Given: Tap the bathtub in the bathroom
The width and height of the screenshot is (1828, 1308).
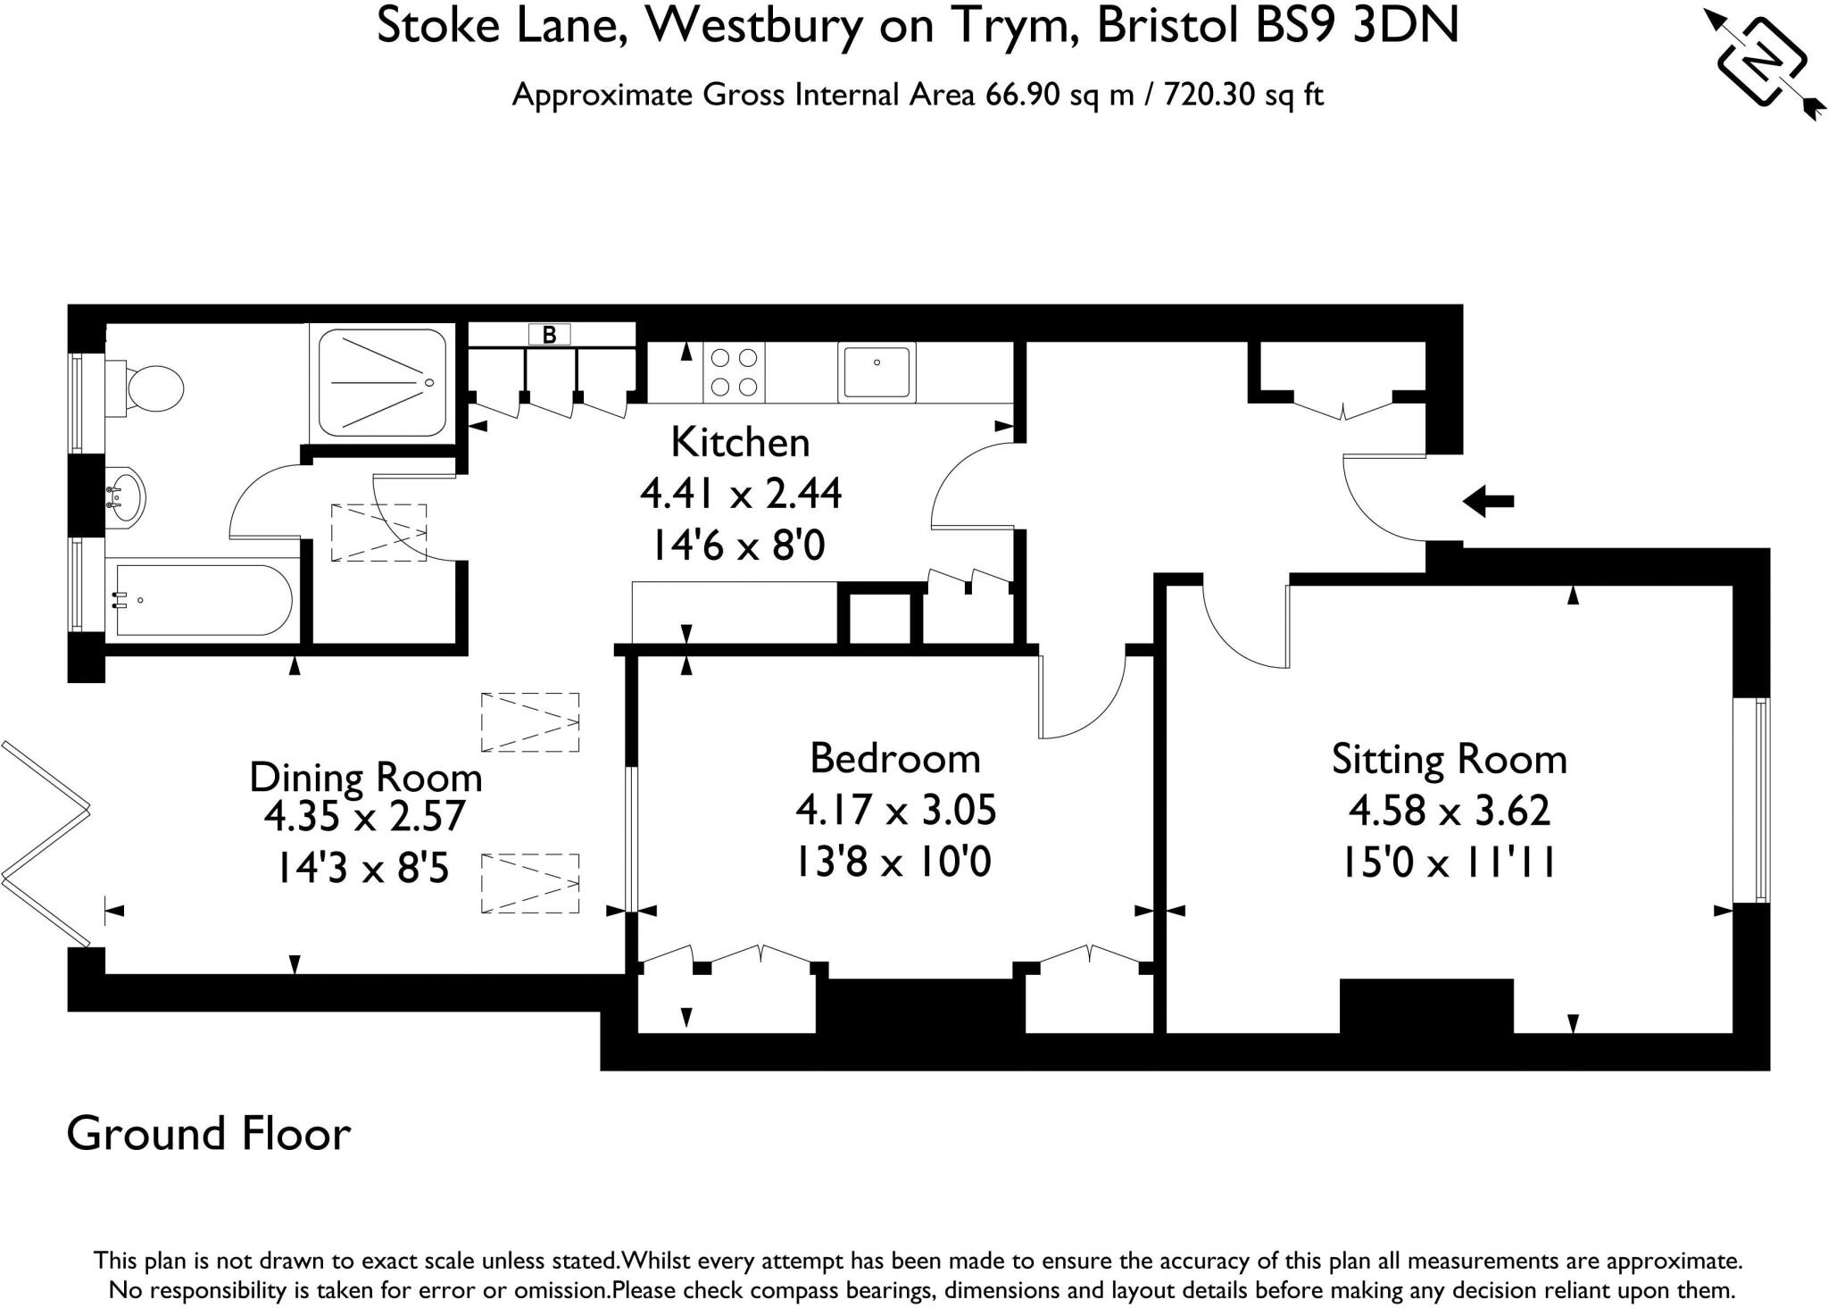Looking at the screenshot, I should pyautogui.click(x=204, y=600).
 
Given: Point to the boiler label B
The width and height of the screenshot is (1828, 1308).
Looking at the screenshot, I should pyautogui.click(x=550, y=335).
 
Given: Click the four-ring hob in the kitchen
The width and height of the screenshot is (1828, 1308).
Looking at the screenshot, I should pyautogui.click(x=734, y=372).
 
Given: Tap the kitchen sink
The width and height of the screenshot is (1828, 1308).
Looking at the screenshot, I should pyautogui.click(x=877, y=372).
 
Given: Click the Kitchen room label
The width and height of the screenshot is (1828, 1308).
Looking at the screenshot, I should pyautogui.click(x=740, y=443).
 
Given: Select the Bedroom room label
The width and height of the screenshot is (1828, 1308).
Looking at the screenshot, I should pyautogui.click(x=894, y=759).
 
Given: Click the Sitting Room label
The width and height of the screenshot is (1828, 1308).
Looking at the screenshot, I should pyautogui.click(x=1449, y=760).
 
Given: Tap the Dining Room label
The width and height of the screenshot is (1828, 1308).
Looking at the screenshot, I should pyautogui.click(x=365, y=777).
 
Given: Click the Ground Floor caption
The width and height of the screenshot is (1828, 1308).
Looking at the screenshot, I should pyautogui.click(x=209, y=1134).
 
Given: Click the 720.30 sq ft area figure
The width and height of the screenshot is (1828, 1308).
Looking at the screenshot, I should pyautogui.click(x=1243, y=95).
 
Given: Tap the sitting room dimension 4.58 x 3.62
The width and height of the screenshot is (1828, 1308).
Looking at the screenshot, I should pyautogui.click(x=1449, y=811).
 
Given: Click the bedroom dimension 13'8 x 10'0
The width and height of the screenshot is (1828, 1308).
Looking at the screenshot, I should pyautogui.click(x=894, y=862).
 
